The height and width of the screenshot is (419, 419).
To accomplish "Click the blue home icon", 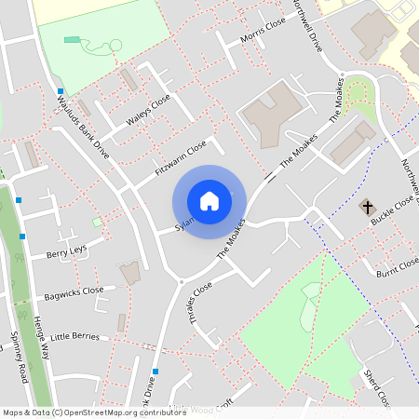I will (x=209, y=201).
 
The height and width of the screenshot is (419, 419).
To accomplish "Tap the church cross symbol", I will (x=367, y=205).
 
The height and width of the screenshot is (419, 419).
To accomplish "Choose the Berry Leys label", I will (x=66, y=251).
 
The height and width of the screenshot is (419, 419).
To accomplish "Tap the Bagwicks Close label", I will (x=74, y=294).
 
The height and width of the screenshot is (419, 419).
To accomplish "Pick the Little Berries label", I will (x=74, y=335).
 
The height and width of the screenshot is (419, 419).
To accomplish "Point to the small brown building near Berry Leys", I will (x=130, y=273).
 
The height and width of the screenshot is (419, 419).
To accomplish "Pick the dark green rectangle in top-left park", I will (x=72, y=39).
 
